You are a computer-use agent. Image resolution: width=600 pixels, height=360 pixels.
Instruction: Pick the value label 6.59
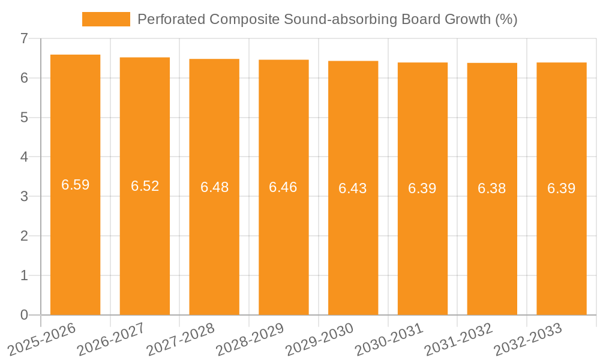76,185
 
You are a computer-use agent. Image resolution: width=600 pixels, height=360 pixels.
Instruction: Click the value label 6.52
145,186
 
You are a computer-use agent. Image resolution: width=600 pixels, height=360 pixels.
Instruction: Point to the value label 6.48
214,187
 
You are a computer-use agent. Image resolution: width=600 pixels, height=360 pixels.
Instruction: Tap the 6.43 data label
353,188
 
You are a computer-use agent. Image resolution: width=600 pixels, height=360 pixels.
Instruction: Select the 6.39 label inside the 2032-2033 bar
562,188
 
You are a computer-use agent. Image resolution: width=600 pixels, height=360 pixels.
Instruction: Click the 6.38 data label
492,188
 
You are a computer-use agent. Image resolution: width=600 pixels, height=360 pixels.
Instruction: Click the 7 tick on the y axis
24,38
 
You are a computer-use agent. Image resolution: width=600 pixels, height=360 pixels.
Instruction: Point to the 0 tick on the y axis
24,315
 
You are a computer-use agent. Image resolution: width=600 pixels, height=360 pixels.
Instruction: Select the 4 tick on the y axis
24,157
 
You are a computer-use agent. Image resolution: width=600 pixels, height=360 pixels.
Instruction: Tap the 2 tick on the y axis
24,236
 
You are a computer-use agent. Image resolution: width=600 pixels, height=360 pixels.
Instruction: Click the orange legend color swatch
106,19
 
